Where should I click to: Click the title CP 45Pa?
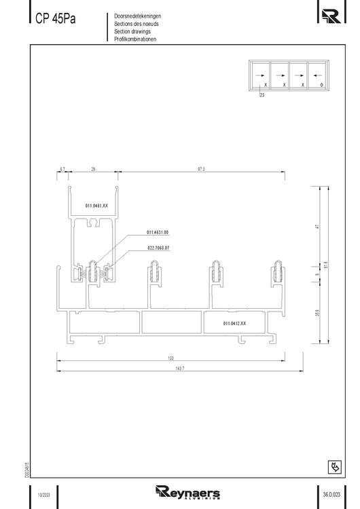click(x=56, y=19)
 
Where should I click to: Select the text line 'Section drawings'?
click(x=132, y=31)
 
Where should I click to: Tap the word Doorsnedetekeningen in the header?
click(x=138, y=16)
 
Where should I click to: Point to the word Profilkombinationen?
click(x=136, y=39)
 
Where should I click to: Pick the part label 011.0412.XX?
click(x=234, y=324)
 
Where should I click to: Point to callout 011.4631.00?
click(x=158, y=232)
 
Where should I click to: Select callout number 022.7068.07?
click(x=158, y=248)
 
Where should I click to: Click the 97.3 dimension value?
click(x=201, y=168)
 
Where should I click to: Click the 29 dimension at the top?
click(x=92, y=168)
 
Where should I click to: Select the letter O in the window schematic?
click(x=321, y=86)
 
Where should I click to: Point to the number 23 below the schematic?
click(x=262, y=96)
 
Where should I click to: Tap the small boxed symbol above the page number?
click(x=334, y=467)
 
